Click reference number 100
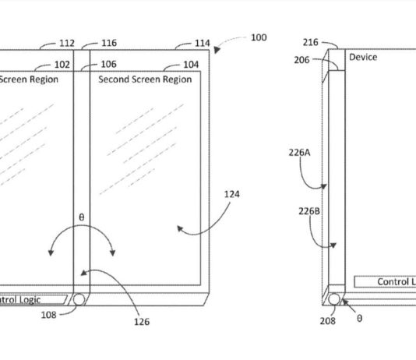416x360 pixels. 259,37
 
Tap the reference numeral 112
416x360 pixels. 66,44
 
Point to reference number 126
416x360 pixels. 140,322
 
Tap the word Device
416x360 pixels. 362,58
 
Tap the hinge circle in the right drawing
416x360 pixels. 335,298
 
